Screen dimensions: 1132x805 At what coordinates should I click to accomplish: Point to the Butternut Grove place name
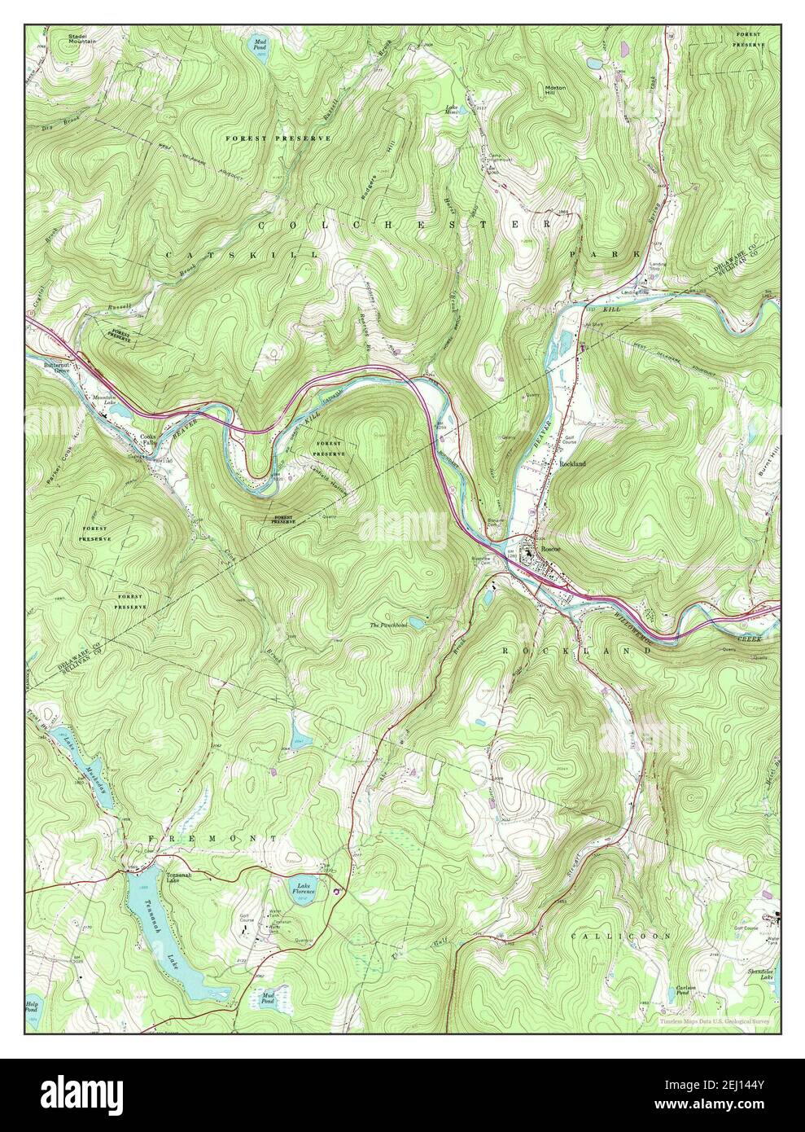(58, 369)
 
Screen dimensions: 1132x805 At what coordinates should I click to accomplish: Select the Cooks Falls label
(147, 439)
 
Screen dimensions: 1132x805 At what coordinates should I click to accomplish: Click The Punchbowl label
(387, 625)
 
